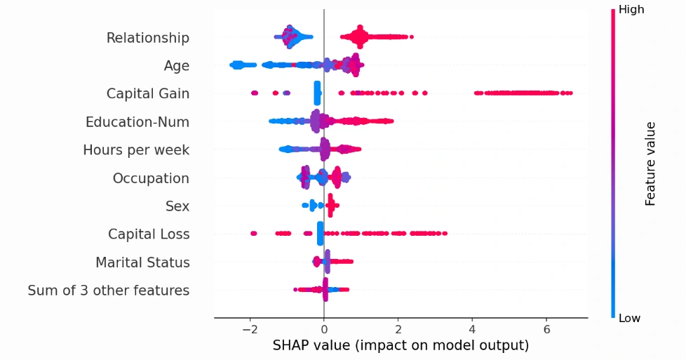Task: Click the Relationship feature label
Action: click(147, 38)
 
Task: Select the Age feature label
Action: click(176, 66)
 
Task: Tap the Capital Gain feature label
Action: click(147, 94)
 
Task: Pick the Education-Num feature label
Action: click(137, 122)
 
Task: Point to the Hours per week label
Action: click(135, 150)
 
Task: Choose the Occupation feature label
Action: click(151, 178)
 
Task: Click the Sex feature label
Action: click(177, 206)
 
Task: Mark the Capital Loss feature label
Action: click(149, 234)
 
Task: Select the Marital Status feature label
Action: click(142, 262)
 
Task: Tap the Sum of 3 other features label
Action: click(108, 291)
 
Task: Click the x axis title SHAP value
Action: click(400, 345)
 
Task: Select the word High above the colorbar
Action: click(631, 10)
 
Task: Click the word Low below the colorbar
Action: click(630, 319)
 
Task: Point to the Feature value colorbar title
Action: click(650, 164)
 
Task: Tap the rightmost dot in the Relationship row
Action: click(411, 37)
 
